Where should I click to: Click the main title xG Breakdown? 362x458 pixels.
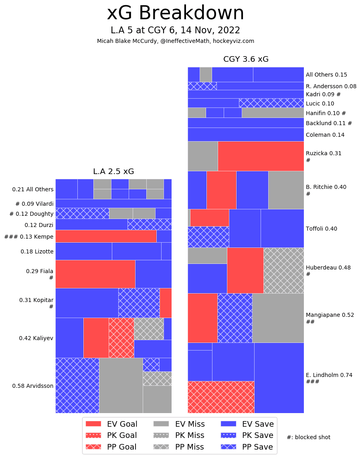(175, 14)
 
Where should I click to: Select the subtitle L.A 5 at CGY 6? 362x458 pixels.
(175, 30)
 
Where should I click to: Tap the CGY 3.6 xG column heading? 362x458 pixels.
(246, 59)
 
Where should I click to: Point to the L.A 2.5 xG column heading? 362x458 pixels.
(113, 172)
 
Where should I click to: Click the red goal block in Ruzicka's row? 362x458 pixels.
(261, 156)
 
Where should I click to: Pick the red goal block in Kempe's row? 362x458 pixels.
(106, 236)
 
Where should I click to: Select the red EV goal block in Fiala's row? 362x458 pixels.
(95, 274)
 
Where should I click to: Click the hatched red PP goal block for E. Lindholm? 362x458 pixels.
(221, 397)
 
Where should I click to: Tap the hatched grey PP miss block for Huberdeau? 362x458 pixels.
(283, 270)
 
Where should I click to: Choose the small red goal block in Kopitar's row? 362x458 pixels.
(166, 303)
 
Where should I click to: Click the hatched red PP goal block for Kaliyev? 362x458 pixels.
(121, 338)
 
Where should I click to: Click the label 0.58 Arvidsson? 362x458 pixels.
(32, 386)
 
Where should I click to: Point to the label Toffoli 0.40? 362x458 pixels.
(322, 229)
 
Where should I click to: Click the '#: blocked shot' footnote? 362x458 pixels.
(308, 437)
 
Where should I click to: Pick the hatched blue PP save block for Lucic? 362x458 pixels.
(271, 103)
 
